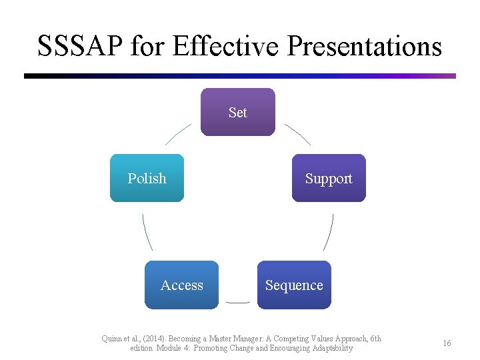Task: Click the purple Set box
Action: (x=237, y=112)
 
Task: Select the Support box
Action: (x=329, y=178)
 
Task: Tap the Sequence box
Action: (x=294, y=285)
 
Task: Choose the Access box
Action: (x=181, y=285)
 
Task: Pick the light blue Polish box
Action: (x=147, y=178)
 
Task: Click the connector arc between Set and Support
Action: (x=298, y=134)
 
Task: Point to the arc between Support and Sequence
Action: (x=329, y=232)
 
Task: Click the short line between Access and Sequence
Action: (x=238, y=302)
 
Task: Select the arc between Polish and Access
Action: (x=147, y=232)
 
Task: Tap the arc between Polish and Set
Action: (x=178, y=134)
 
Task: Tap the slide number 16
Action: (x=447, y=343)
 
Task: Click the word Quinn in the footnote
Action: (x=112, y=339)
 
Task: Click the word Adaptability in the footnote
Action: (x=328, y=349)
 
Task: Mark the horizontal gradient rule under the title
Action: (x=240, y=76)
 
